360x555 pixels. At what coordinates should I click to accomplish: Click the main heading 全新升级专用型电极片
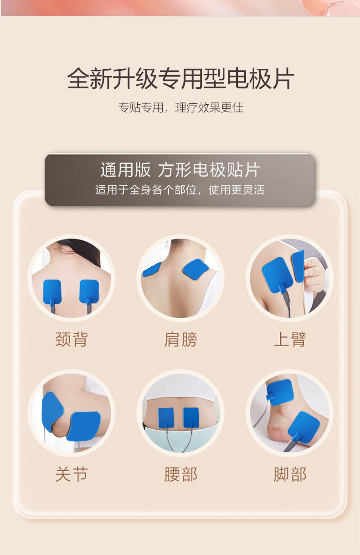coord(180,78)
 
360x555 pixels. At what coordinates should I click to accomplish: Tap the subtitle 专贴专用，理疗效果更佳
coord(180,108)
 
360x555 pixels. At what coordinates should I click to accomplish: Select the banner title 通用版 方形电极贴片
coord(180,170)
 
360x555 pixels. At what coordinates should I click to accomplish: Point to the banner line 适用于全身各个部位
coord(180,190)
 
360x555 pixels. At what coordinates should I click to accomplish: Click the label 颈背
coord(71,339)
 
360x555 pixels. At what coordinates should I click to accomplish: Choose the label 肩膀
coord(180,339)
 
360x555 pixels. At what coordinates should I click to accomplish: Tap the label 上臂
coord(289,339)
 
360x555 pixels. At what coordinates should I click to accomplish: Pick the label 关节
coord(71,474)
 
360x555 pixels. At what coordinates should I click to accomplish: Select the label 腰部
coord(180,474)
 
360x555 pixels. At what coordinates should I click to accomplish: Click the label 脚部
coord(289,474)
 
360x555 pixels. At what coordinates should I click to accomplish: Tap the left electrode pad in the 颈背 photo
coord(52,290)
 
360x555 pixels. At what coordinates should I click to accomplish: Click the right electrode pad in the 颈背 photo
coord(89,290)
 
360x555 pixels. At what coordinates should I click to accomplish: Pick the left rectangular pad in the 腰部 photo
coord(166,417)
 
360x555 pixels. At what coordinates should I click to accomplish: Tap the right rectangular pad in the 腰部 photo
coord(191,417)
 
